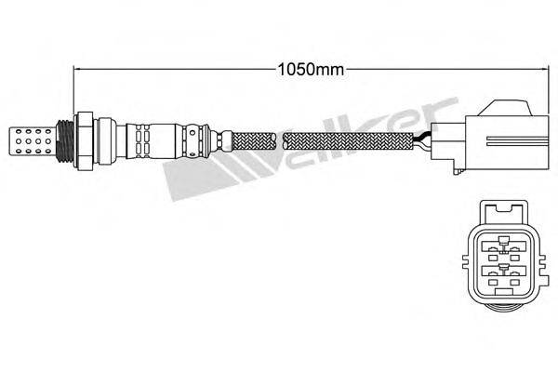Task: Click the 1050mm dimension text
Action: pos(304,67)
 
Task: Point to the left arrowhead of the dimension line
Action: pos(78,68)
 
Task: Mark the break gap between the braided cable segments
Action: pos(280,141)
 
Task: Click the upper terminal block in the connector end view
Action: pos(503,246)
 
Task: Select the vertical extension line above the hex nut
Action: pos(73,88)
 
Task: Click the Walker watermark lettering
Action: pos(307,139)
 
